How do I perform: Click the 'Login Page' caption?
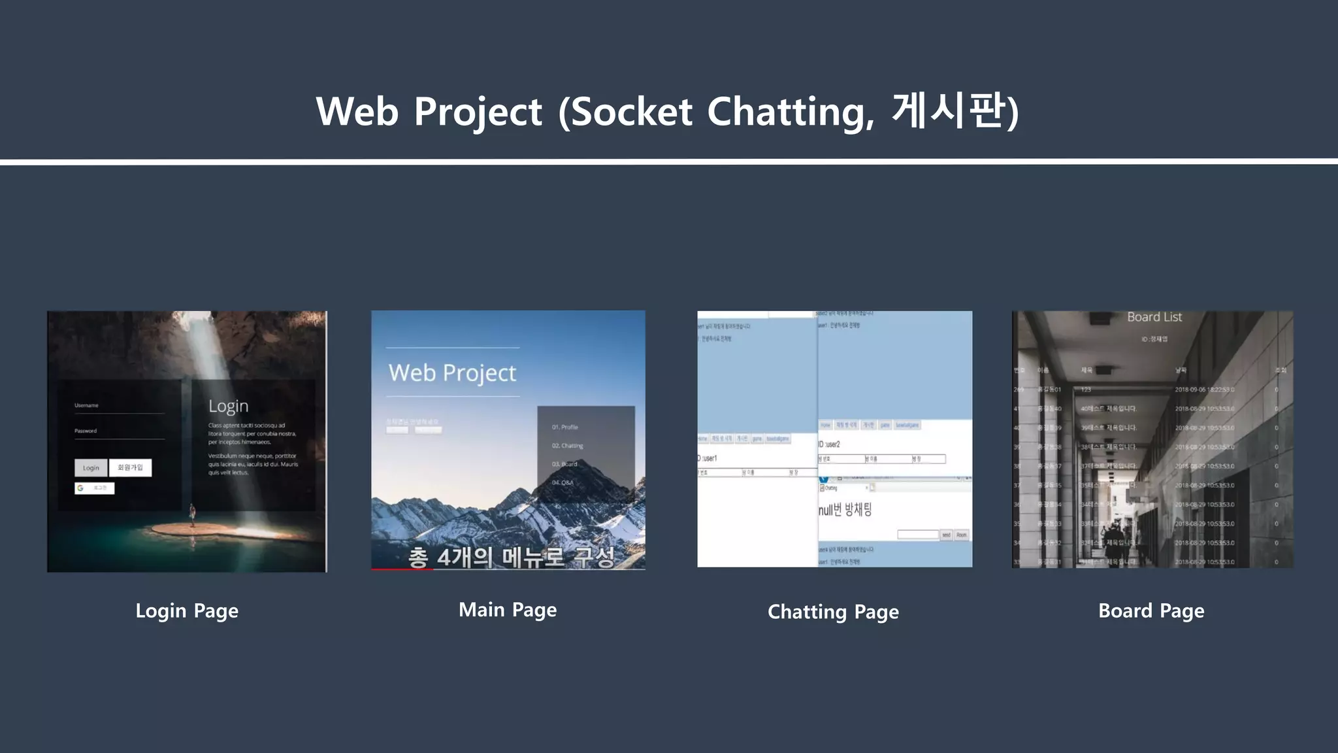pyautogui.click(x=187, y=611)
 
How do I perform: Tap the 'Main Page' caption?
pyautogui.click(x=508, y=610)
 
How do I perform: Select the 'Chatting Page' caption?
pyautogui.click(x=833, y=612)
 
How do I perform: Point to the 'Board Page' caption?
pyautogui.click(x=1151, y=611)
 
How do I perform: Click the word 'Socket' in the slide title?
pyautogui.click(x=631, y=112)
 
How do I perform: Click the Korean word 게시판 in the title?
pyautogui.click(x=948, y=110)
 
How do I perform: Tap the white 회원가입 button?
pyautogui.click(x=130, y=467)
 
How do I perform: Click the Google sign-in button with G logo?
pyautogui.click(x=94, y=488)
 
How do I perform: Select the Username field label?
pyautogui.click(x=86, y=405)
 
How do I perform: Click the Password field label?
pyautogui.click(x=86, y=431)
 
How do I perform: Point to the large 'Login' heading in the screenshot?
pyautogui.click(x=229, y=406)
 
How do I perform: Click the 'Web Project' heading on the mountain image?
pyautogui.click(x=452, y=373)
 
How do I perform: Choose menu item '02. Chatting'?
pyautogui.click(x=567, y=446)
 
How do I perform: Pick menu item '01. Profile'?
pyautogui.click(x=564, y=427)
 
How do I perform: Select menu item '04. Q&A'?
pyautogui.click(x=562, y=482)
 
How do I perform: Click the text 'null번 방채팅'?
pyautogui.click(x=845, y=510)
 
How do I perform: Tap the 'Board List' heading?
pyautogui.click(x=1154, y=317)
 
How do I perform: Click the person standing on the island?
pyautogui.click(x=192, y=514)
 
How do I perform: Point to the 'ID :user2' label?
pyautogui.click(x=829, y=444)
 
